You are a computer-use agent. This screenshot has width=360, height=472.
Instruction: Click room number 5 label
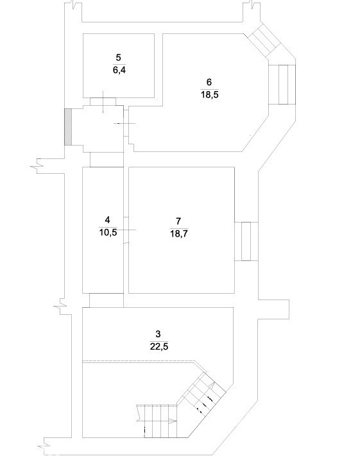point(118,57)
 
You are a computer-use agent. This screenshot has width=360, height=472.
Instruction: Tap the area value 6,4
point(119,71)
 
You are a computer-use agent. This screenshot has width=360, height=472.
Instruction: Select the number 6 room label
point(209,82)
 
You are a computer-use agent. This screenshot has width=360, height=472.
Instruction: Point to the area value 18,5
point(210,95)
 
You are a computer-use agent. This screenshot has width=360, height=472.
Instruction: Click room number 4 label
point(108,220)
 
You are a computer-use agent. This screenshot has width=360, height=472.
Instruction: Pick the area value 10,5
point(108,233)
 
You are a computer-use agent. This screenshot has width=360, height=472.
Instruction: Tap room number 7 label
point(178,221)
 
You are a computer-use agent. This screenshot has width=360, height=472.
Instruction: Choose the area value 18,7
point(179,233)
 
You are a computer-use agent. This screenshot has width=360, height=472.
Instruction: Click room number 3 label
point(158,333)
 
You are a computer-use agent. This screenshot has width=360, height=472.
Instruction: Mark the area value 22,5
point(159,346)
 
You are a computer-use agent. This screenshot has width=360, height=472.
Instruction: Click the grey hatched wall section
point(69,127)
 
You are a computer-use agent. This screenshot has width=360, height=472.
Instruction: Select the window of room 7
point(246,241)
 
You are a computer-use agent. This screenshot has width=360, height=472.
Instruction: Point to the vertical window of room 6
point(282,85)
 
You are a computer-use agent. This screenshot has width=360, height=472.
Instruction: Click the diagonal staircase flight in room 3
point(201,391)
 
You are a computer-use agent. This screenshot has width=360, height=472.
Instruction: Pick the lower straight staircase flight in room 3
point(157,421)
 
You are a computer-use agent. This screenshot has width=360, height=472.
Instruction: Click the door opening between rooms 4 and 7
point(126,230)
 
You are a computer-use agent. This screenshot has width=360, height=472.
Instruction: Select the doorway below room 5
point(103,102)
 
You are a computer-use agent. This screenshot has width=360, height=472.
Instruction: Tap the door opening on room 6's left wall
point(126,123)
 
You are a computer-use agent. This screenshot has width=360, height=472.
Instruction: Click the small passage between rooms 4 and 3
point(107,300)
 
